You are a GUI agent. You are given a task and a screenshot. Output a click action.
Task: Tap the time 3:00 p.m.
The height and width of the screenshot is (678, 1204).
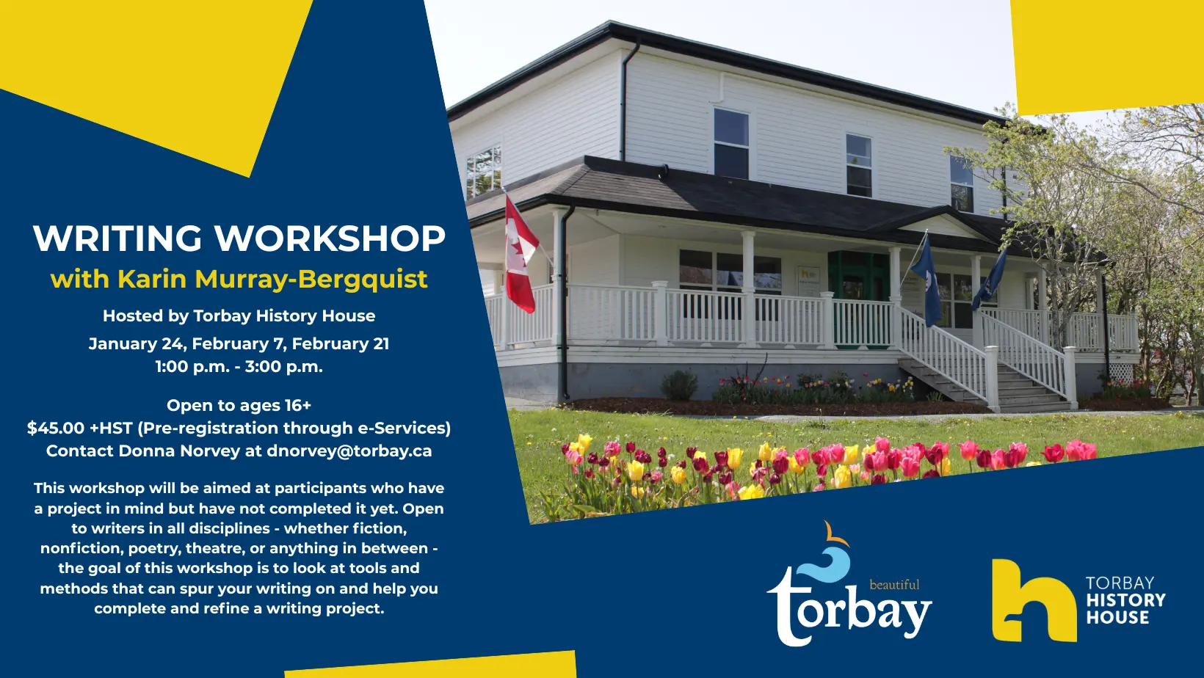pos(284,367)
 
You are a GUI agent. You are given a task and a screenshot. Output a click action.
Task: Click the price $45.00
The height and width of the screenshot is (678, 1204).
pos(56,429)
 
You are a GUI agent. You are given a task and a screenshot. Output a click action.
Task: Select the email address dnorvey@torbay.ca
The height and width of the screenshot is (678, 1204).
pos(349,451)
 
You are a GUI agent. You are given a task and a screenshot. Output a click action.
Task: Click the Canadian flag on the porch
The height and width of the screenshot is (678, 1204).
pos(520,254)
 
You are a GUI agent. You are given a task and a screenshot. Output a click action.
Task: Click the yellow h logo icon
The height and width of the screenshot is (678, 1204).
pos(1032,600)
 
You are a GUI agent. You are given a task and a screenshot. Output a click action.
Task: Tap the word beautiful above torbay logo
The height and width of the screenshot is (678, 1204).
pos(894,585)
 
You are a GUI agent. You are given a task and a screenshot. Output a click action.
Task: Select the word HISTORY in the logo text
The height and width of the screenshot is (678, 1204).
pos(1125,600)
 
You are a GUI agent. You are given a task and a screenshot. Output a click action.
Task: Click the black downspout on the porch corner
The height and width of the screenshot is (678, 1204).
pos(564,308)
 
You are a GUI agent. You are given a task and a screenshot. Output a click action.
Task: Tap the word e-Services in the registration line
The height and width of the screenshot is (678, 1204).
pos(400,429)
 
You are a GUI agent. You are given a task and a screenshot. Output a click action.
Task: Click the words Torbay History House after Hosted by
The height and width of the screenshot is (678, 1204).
pos(284,316)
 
